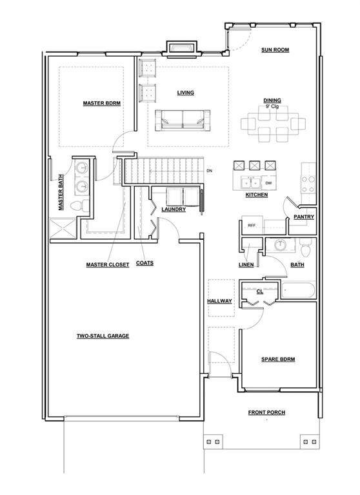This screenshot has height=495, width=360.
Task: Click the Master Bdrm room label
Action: click(x=101, y=103)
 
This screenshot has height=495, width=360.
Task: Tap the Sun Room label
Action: click(x=275, y=50)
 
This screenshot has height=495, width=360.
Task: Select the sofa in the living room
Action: click(x=183, y=121)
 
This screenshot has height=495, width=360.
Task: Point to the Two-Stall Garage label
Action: click(x=103, y=336)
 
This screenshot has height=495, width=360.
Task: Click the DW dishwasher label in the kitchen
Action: click(x=268, y=183)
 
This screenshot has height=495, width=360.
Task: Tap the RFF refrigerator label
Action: click(x=252, y=226)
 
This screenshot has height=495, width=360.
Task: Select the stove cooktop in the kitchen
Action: click(x=308, y=184)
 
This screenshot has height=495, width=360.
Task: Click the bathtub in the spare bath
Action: click(x=298, y=291)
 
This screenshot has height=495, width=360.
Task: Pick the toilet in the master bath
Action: click(x=79, y=206)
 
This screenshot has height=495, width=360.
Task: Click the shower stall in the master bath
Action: click(x=63, y=228)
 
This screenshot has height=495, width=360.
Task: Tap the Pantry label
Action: click(x=304, y=217)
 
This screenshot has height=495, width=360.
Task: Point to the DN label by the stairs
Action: click(x=209, y=171)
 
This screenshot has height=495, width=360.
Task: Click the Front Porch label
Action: click(x=266, y=412)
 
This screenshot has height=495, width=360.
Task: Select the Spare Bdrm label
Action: click(x=278, y=359)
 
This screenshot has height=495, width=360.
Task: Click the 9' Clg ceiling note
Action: click(x=272, y=107)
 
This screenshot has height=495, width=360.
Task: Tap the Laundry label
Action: click(x=174, y=209)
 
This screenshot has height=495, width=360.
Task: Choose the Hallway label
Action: click(x=219, y=301)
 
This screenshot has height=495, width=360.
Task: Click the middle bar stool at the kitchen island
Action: click(x=254, y=166)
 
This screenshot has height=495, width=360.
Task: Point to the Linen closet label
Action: click(x=246, y=264)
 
